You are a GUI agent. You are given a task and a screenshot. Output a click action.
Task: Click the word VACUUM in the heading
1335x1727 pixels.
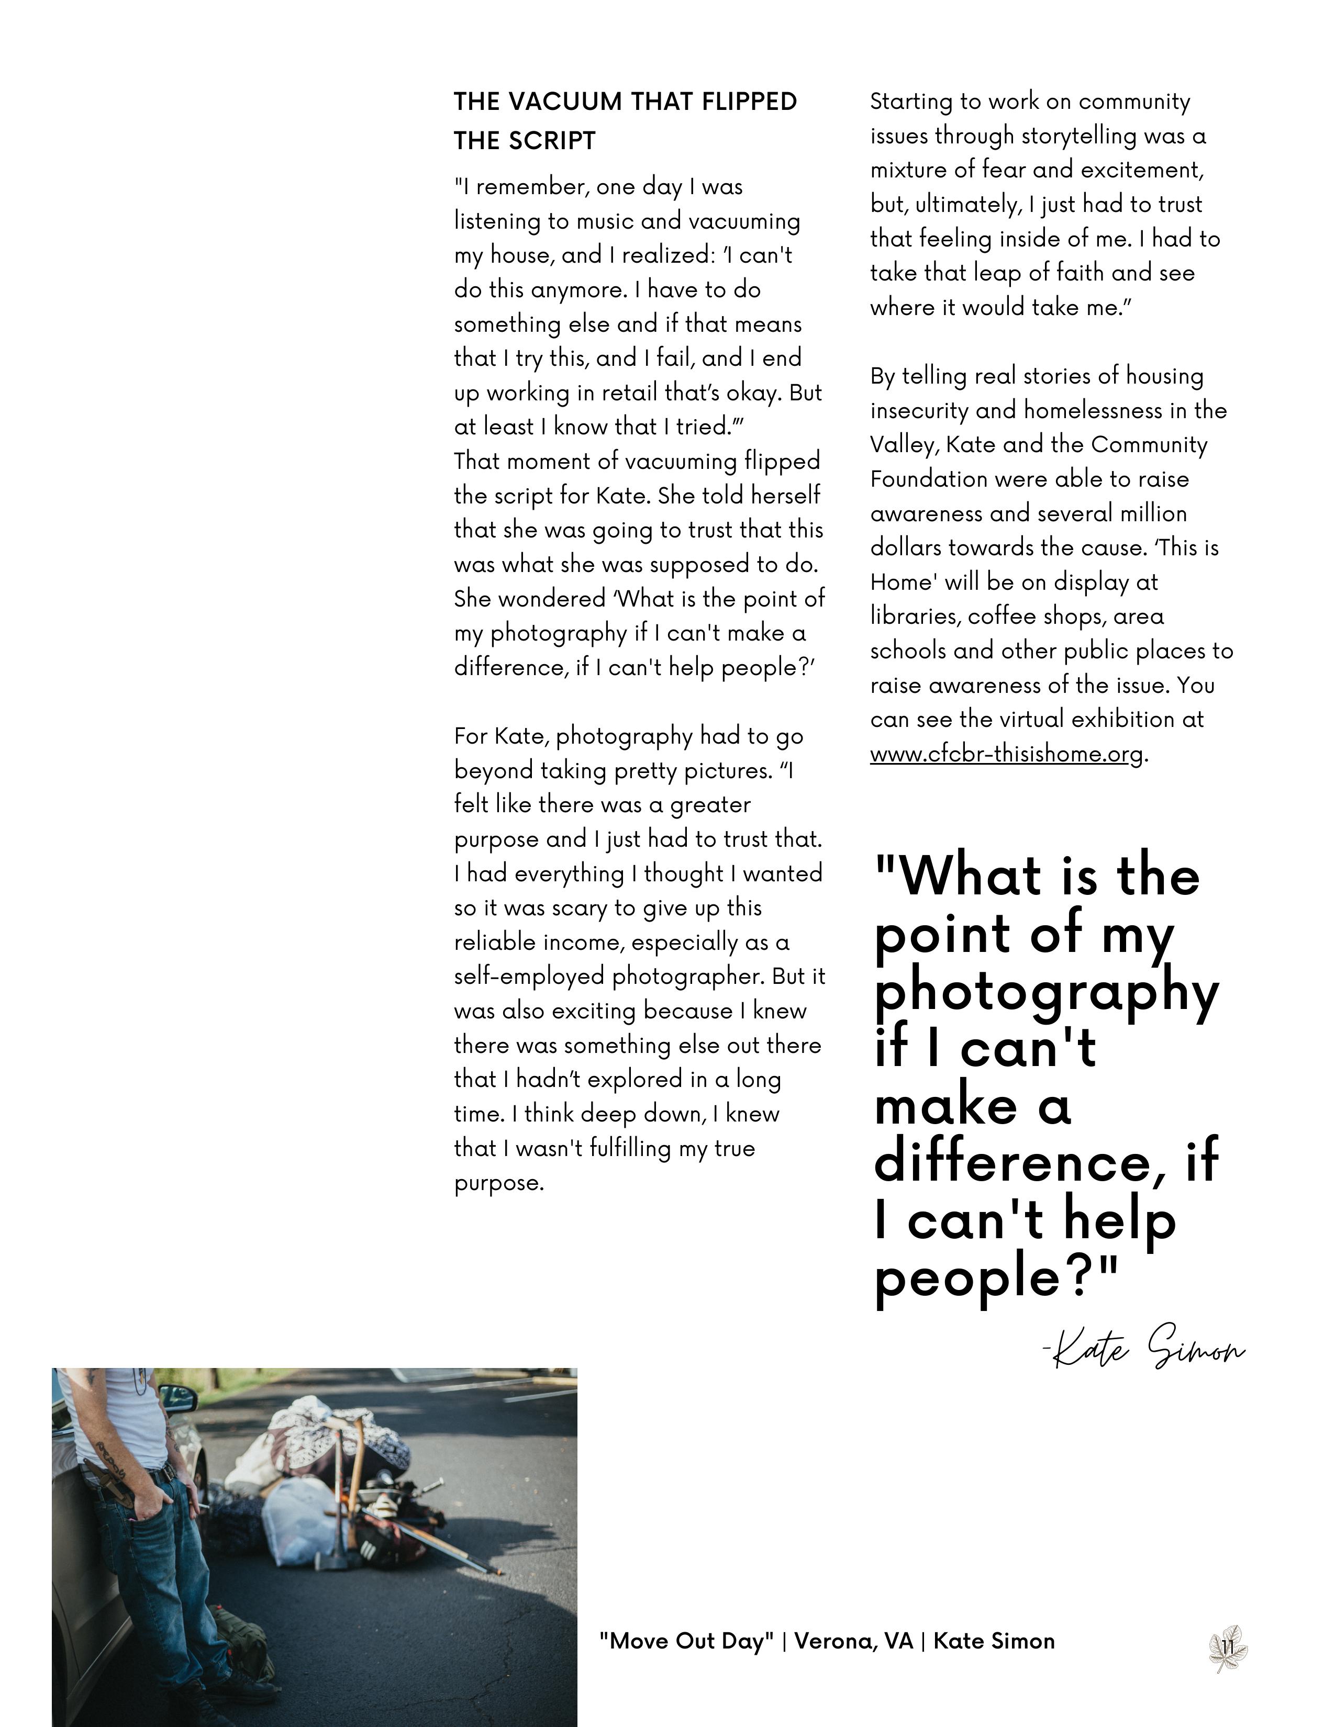[x=564, y=102]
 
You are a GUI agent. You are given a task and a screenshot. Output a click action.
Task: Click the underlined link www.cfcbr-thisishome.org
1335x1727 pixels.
[x=1007, y=754]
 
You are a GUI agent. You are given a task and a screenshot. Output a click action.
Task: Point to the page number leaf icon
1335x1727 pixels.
[x=1228, y=1648]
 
